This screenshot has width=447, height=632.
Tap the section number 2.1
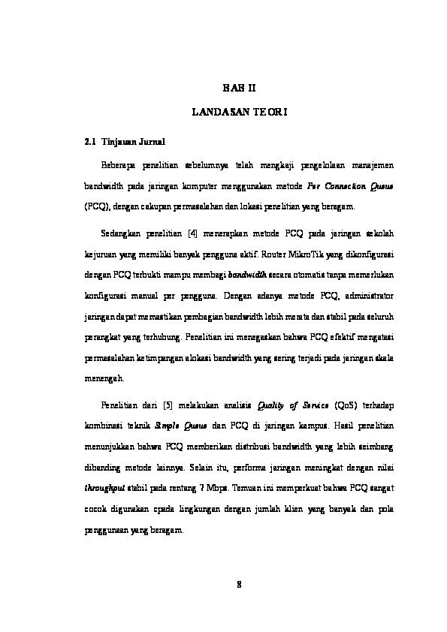89,141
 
